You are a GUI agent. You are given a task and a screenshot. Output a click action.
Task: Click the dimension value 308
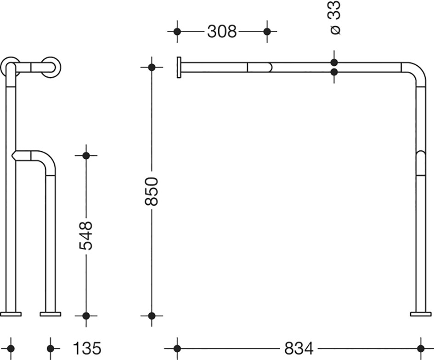[x=222, y=31]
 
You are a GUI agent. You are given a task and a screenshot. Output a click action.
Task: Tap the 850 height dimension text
[x=152, y=192]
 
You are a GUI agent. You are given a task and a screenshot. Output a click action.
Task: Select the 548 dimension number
[x=86, y=235]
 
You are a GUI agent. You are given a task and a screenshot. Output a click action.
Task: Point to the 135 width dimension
[x=87, y=348]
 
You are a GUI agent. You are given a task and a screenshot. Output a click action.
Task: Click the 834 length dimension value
[x=299, y=348]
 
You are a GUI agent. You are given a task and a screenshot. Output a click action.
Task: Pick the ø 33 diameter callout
[x=335, y=17]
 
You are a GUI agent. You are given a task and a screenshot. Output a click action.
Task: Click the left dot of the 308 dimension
[x=177, y=32]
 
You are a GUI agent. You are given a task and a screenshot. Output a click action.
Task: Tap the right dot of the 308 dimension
[x=267, y=32]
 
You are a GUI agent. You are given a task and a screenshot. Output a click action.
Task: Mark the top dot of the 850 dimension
[x=152, y=67]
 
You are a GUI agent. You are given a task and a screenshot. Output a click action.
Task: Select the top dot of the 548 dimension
[x=86, y=155]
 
